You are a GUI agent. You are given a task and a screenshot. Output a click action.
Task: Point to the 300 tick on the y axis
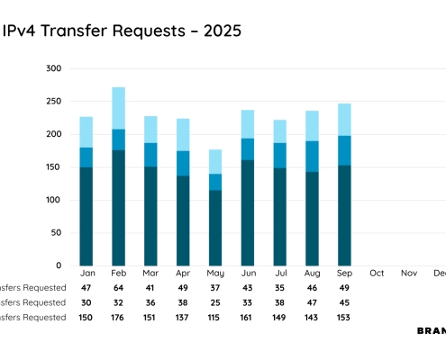(x=53, y=68)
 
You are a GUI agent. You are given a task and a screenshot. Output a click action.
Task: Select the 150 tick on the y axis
(x=53, y=167)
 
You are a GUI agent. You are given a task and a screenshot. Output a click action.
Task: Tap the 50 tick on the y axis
(x=56, y=233)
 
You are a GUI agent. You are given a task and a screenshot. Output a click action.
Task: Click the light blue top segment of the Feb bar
(x=119, y=108)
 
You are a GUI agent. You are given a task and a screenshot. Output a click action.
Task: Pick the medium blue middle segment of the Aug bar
(x=313, y=157)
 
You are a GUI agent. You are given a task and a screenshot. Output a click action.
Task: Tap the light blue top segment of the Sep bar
(x=345, y=120)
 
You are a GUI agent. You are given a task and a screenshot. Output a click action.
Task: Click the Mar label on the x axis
(x=150, y=273)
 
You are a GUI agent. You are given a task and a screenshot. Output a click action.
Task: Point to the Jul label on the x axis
(x=280, y=273)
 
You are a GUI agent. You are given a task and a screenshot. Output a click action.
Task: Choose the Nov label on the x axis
(x=409, y=273)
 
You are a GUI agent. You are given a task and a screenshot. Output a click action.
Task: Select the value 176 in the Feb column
(x=119, y=318)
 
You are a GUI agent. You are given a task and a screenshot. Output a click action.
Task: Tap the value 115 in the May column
(x=215, y=318)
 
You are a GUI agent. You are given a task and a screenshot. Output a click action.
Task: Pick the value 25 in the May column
(x=215, y=304)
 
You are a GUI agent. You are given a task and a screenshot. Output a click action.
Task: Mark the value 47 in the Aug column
(x=313, y=304)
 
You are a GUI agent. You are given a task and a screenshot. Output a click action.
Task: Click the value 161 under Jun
(x=248, y=318)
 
